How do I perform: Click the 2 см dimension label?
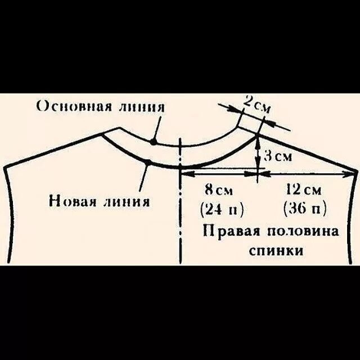click(x=256, y=105)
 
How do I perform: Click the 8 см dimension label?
click(x=221, y=188)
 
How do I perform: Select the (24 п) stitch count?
click(x=222, y=209)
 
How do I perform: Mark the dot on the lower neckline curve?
click(x=147, y=163)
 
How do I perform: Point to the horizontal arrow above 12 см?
click(x=307, y=175)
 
